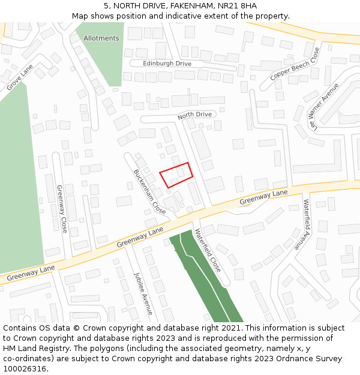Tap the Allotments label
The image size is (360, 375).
click(x=101, y=38)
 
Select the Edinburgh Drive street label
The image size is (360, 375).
click(x=167, y=64)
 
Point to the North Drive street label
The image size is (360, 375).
click(x=195, y=115)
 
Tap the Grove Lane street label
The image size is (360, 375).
click(x=19, y=79)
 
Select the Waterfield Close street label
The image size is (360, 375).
click(x=208, y=250)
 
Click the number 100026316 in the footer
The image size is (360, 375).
click(x=25, y=368)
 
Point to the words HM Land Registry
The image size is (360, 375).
click(x=33, y=348)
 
